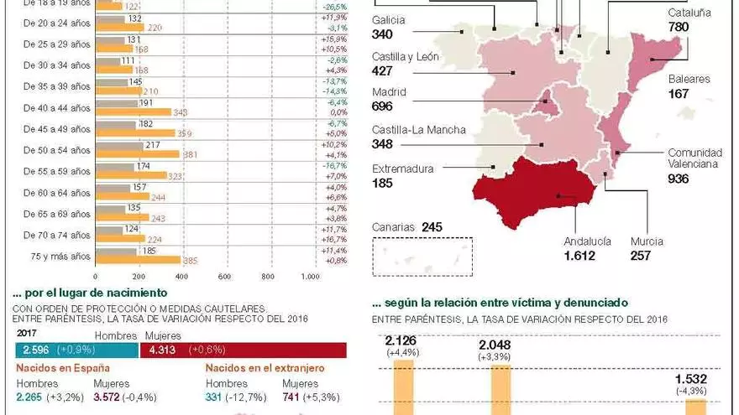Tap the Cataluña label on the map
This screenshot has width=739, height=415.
[x=689, y=13]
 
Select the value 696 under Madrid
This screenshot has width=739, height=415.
[x=383, y=106]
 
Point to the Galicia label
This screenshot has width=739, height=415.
[x=388, y=20]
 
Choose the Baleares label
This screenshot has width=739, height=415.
[x=689, y=79]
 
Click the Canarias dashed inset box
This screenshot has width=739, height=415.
[x=422, y=256]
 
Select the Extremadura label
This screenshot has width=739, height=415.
[x=403, y=169]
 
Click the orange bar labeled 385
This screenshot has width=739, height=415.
[x=138, y=260]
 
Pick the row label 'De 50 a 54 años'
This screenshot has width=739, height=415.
[x=57, y=150]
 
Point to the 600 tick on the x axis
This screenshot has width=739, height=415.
[x=224, y=278]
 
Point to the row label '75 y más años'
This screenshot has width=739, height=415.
[x=60, y=255]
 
